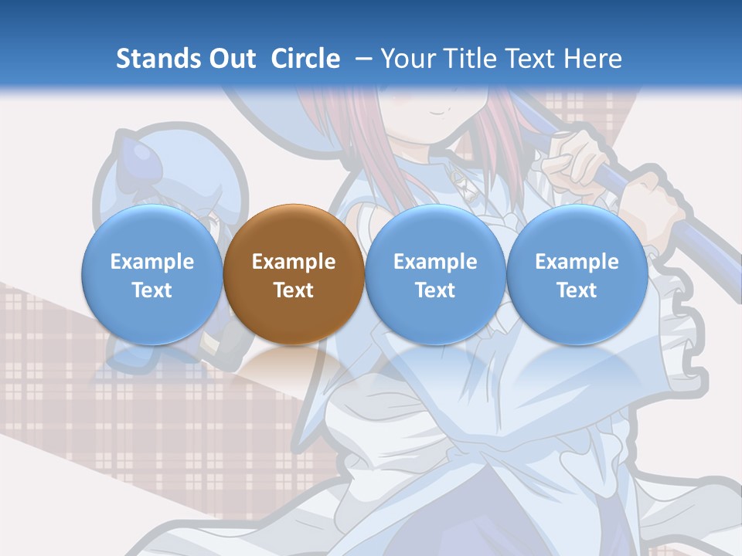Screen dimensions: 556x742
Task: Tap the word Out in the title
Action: click(x=230, y=59)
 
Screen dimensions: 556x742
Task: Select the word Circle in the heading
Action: click(x=305, y=59)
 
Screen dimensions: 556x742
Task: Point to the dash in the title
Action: click(x=363, y=59)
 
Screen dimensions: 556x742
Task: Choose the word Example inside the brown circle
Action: click(x=294, y=262)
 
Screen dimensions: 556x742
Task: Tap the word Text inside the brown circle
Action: click(x=294, y=290)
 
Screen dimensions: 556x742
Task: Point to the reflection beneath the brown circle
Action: click(x=294, y=367)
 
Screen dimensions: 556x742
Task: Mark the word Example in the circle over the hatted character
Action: click(x=152, y=262)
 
